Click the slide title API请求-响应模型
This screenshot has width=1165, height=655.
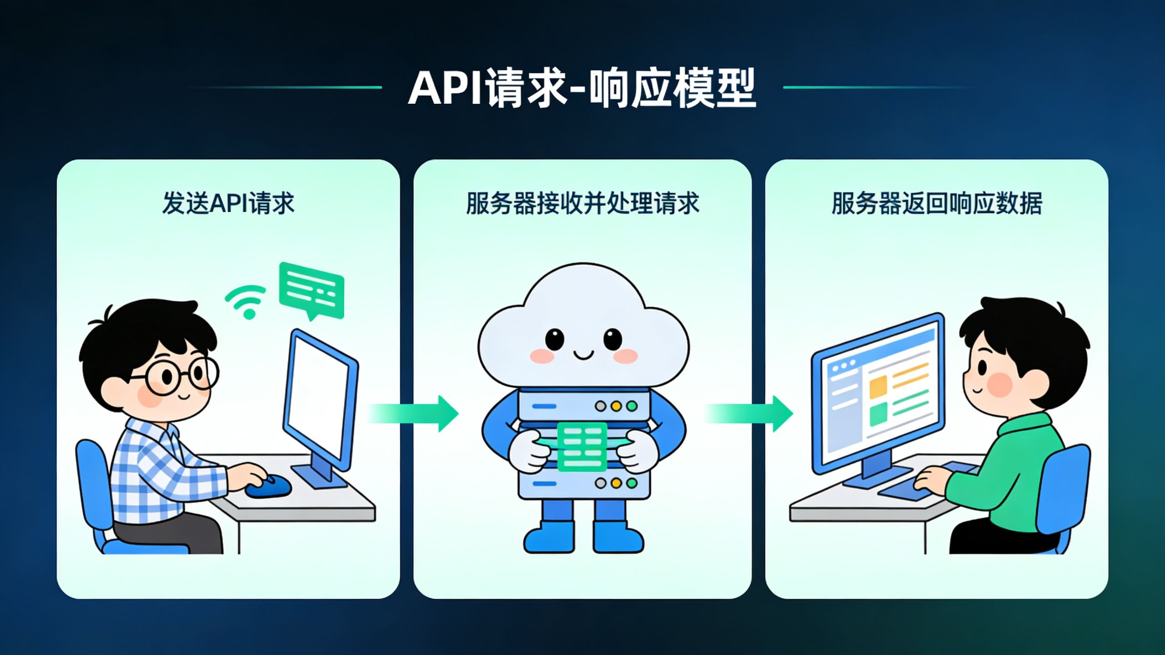(582, 88)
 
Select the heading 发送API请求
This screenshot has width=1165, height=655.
(228, 203)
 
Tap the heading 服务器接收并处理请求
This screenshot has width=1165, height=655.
(582, 203)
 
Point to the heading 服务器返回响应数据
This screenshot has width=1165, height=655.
(937, 203)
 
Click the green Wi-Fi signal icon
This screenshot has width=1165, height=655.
(246, 302)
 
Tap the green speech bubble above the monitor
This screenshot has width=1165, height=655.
(312, 290)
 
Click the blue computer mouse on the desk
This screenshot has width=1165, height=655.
(268, 486)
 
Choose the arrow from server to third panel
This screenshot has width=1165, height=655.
(749, 413)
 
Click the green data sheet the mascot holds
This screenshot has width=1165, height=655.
(582, 446)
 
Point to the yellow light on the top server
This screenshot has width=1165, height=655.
(616, 406)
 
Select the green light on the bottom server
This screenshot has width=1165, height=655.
(632, 483)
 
